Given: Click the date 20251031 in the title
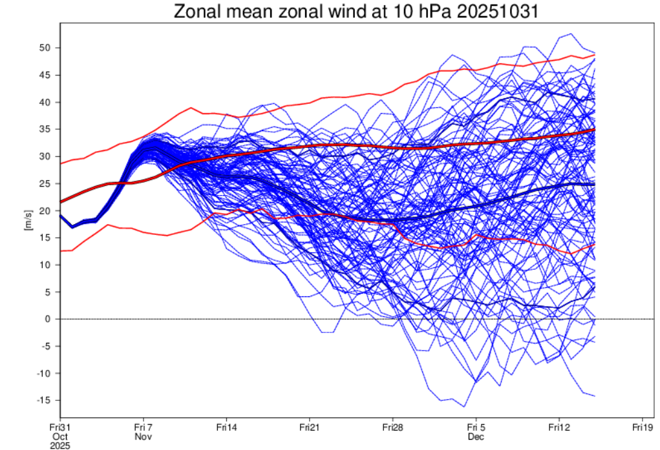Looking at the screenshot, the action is click(x=498, y=12).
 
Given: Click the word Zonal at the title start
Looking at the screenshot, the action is click(x=197, y=12).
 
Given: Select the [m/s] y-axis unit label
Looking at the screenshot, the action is click(x=28, y=220).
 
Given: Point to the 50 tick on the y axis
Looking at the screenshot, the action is click(x=45, y=48).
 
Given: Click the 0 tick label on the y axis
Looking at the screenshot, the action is click(x=48, y=319).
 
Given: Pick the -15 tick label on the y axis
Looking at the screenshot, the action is click(x=43, y=400).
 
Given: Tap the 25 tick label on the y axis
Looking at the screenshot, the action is click(x=45, y=184).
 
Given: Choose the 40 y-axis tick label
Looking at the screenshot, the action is click(x=45, y=102).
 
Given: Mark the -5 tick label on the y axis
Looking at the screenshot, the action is click(x=46, y=346).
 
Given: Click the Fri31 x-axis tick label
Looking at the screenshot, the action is click(x=60, y=427).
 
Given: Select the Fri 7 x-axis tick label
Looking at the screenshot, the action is click(x=143, y=427).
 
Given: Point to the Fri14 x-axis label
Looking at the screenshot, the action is click(x=226, y=427).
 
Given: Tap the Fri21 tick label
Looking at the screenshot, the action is click(x=310, y=427).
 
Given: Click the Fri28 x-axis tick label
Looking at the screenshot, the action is click(x=393, y=427).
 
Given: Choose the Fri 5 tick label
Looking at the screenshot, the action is click(x=476, y=427).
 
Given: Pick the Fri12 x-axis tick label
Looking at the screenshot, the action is click(x=559, y=427).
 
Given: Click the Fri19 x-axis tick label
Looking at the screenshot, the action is click(x=643, y=427).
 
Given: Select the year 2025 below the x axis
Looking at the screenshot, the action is click(x=60, y=445).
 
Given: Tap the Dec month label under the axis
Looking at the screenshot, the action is click(x=476, y=437).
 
